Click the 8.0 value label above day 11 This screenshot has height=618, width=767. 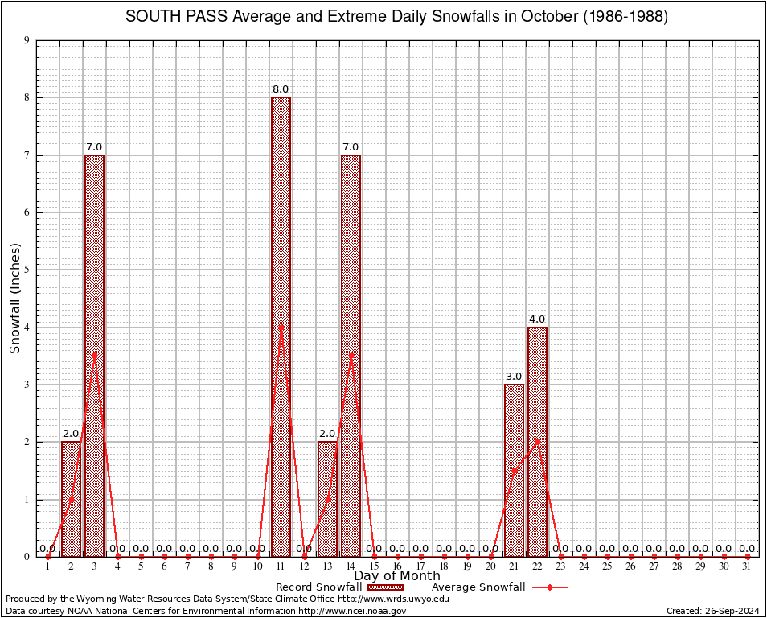point(281,89)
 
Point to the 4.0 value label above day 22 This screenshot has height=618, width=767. point(537,319)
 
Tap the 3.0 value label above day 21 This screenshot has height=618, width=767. point(514,377)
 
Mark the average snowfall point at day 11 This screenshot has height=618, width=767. point(281,327)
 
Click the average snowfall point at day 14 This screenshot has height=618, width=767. point(351,355)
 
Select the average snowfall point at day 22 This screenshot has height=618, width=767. point(537,441)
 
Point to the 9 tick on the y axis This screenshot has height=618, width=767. point(27,40)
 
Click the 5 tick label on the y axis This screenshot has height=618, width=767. point(27,270)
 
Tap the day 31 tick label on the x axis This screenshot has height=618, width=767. point(747,566)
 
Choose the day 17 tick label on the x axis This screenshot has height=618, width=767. point(420,566)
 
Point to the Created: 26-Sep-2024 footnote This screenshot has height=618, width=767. point(712,611)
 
